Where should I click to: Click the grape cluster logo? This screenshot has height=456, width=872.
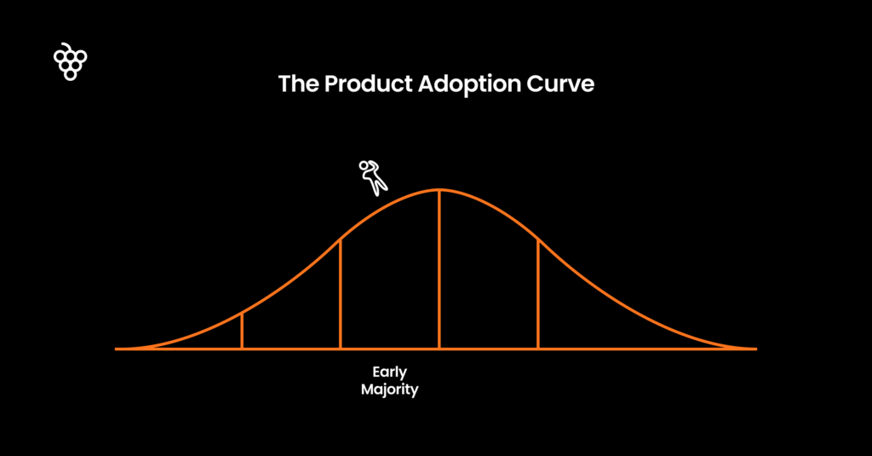[x=70, y=62]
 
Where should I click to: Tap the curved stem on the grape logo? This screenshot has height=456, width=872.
[x=66, y=45]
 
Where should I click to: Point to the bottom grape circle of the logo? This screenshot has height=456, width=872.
[x=70, y=75]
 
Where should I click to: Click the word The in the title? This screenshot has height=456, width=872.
[x=298, y=84]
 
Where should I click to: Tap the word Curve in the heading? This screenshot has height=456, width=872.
[x=560, y=84]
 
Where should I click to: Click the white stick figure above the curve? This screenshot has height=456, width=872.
[x=373, y=177]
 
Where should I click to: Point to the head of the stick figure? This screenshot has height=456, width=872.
[x=364, y=165]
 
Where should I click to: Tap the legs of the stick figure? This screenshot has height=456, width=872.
[x=378, y=186]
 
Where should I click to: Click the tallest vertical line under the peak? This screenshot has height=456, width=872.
[x=439, y=269]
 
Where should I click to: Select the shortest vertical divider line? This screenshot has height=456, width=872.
[x=242, y=332]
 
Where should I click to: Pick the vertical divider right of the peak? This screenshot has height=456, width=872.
[x=538, y=294]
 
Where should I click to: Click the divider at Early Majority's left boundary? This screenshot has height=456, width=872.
[x=341, y=294]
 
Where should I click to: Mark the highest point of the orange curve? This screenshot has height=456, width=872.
[x=439, y=190]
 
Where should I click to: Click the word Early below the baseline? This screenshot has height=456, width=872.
[x=389, y=372]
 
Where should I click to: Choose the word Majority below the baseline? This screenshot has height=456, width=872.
[x=389, y=390]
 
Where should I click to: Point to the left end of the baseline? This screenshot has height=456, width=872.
[x=116, y=349]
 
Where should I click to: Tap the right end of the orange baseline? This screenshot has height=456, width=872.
[x=756, y=349]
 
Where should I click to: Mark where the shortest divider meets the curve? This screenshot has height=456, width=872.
[x=242, y=314]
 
